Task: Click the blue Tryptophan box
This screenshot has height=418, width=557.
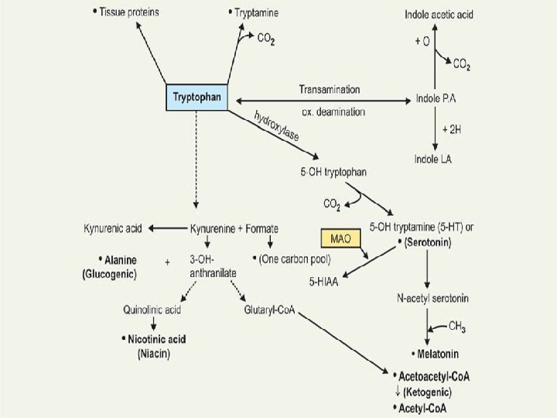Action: tap(198, 98)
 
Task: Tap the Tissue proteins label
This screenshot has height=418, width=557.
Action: tap(129, 14)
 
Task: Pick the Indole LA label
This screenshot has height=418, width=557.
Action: tap(433, 159)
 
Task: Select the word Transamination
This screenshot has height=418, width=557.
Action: tap(329, 90)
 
